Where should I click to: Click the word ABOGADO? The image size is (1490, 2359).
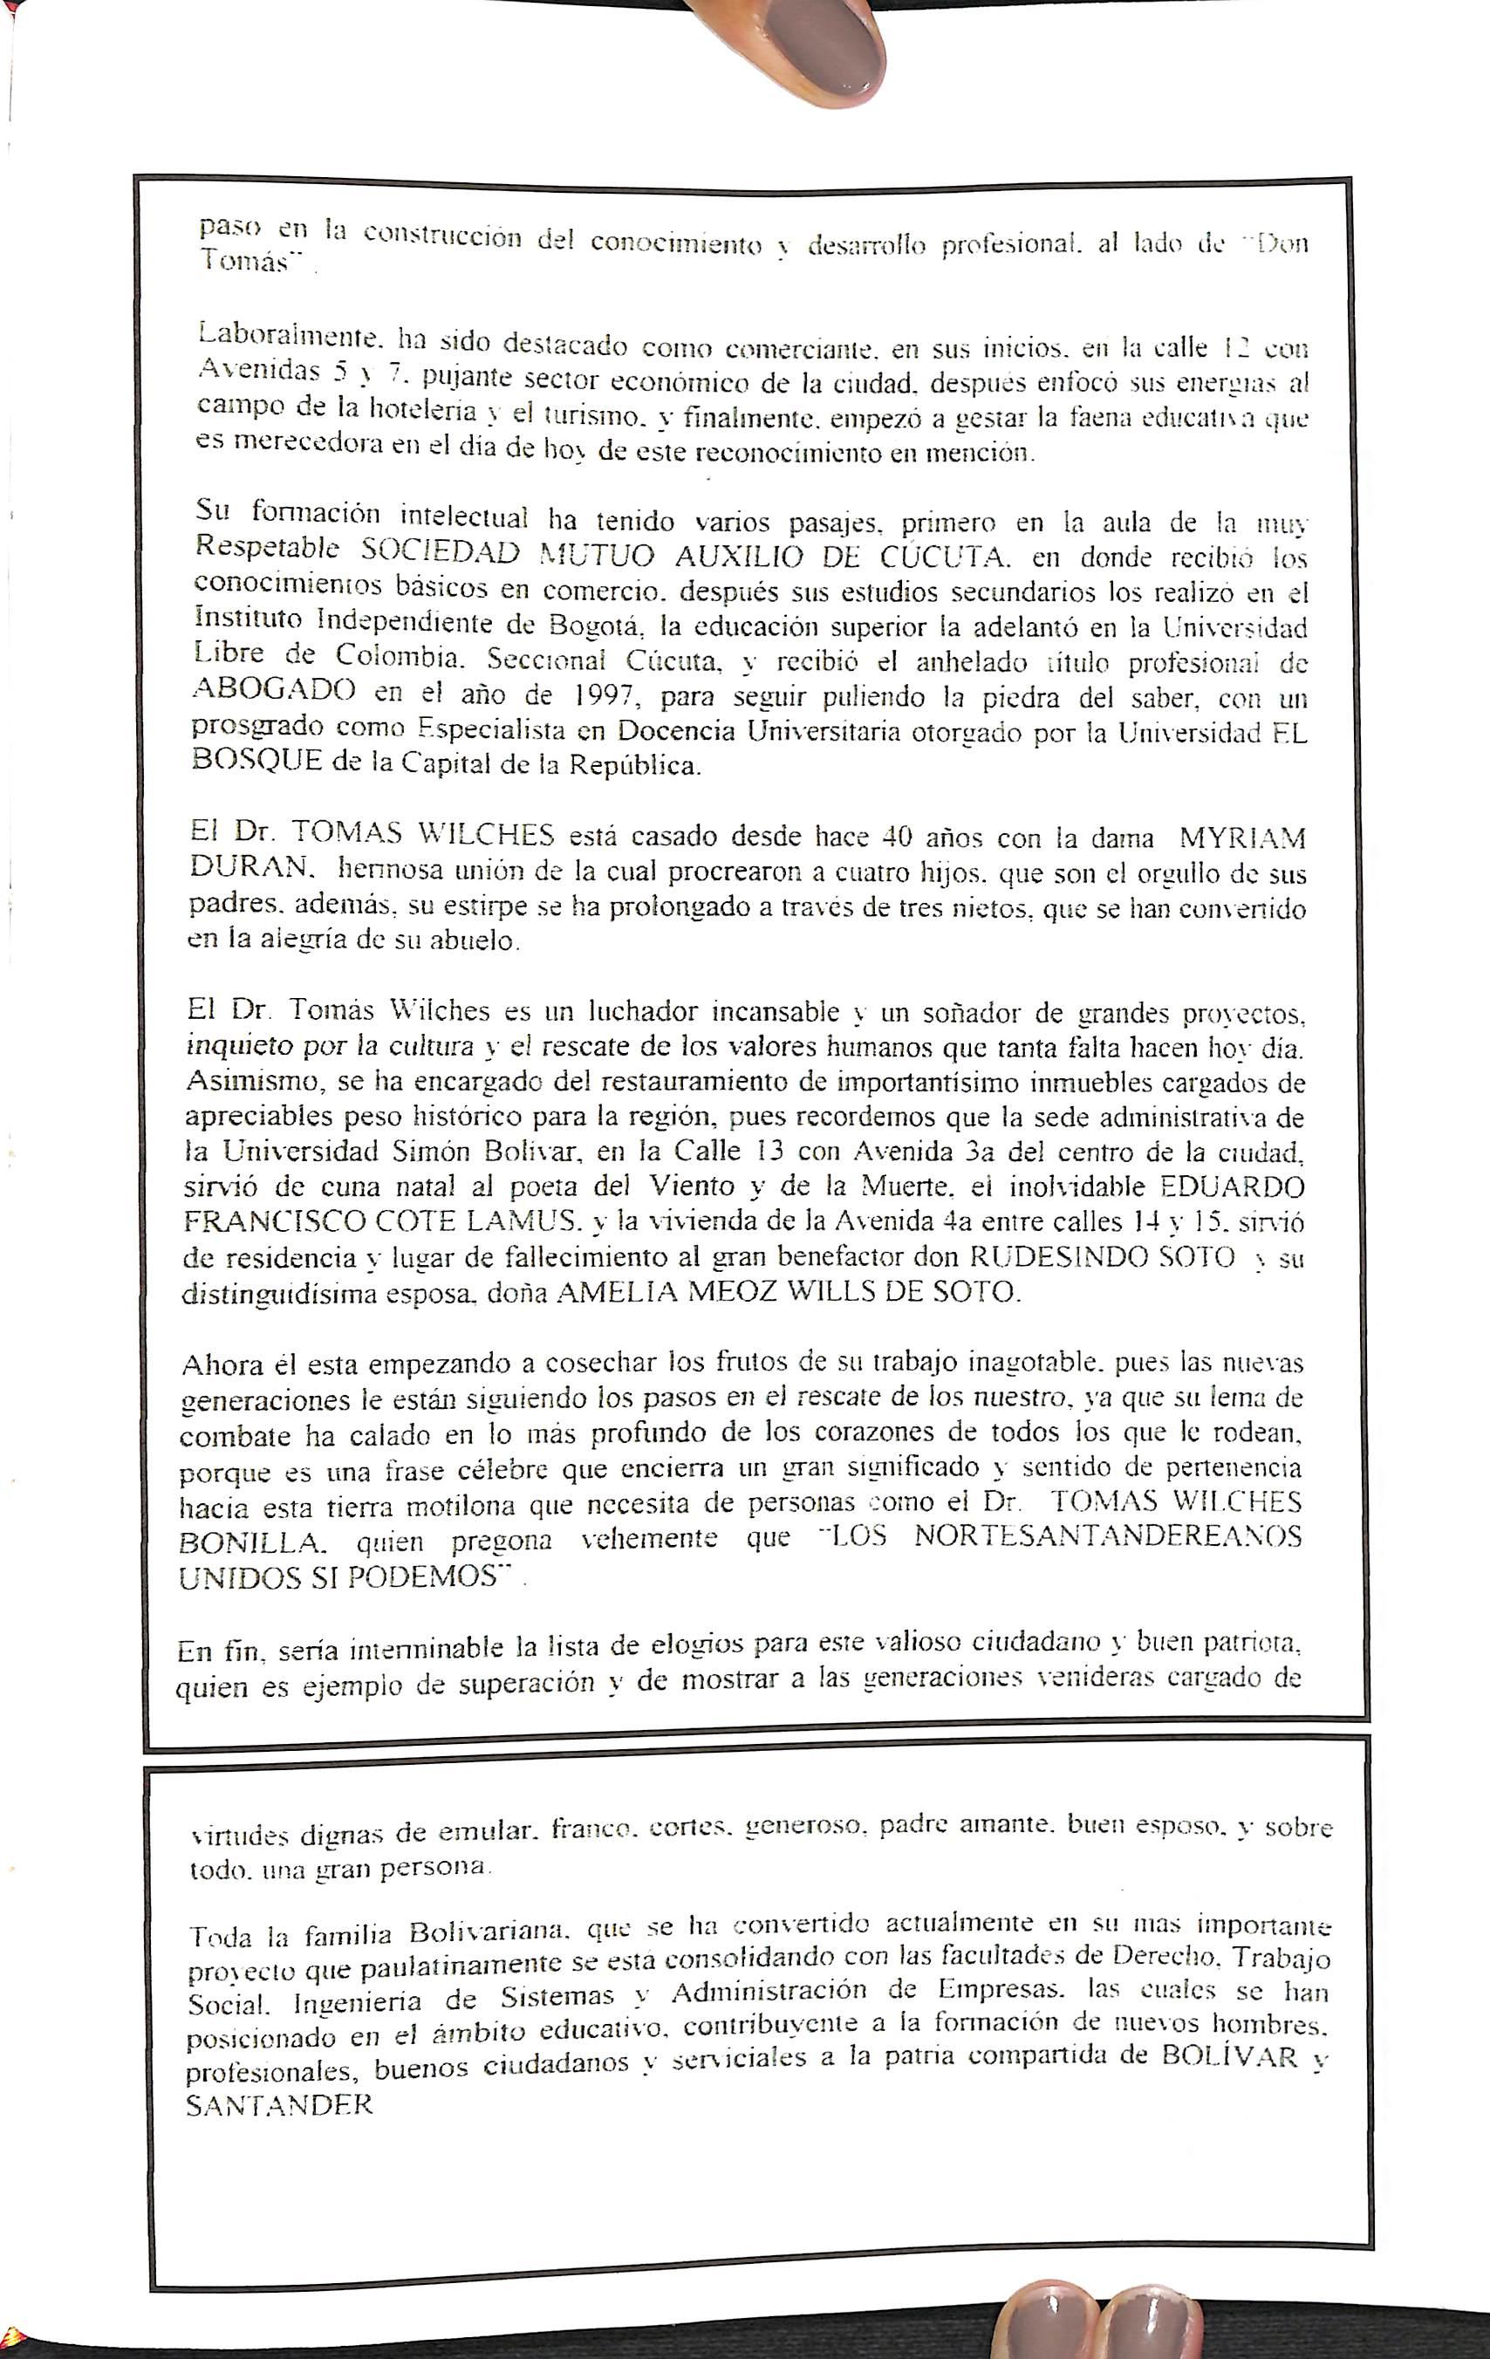pos(274,690)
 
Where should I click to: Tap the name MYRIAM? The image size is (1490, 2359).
pos(1242,839)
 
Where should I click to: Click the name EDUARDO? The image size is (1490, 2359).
pos(1232,1187)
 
